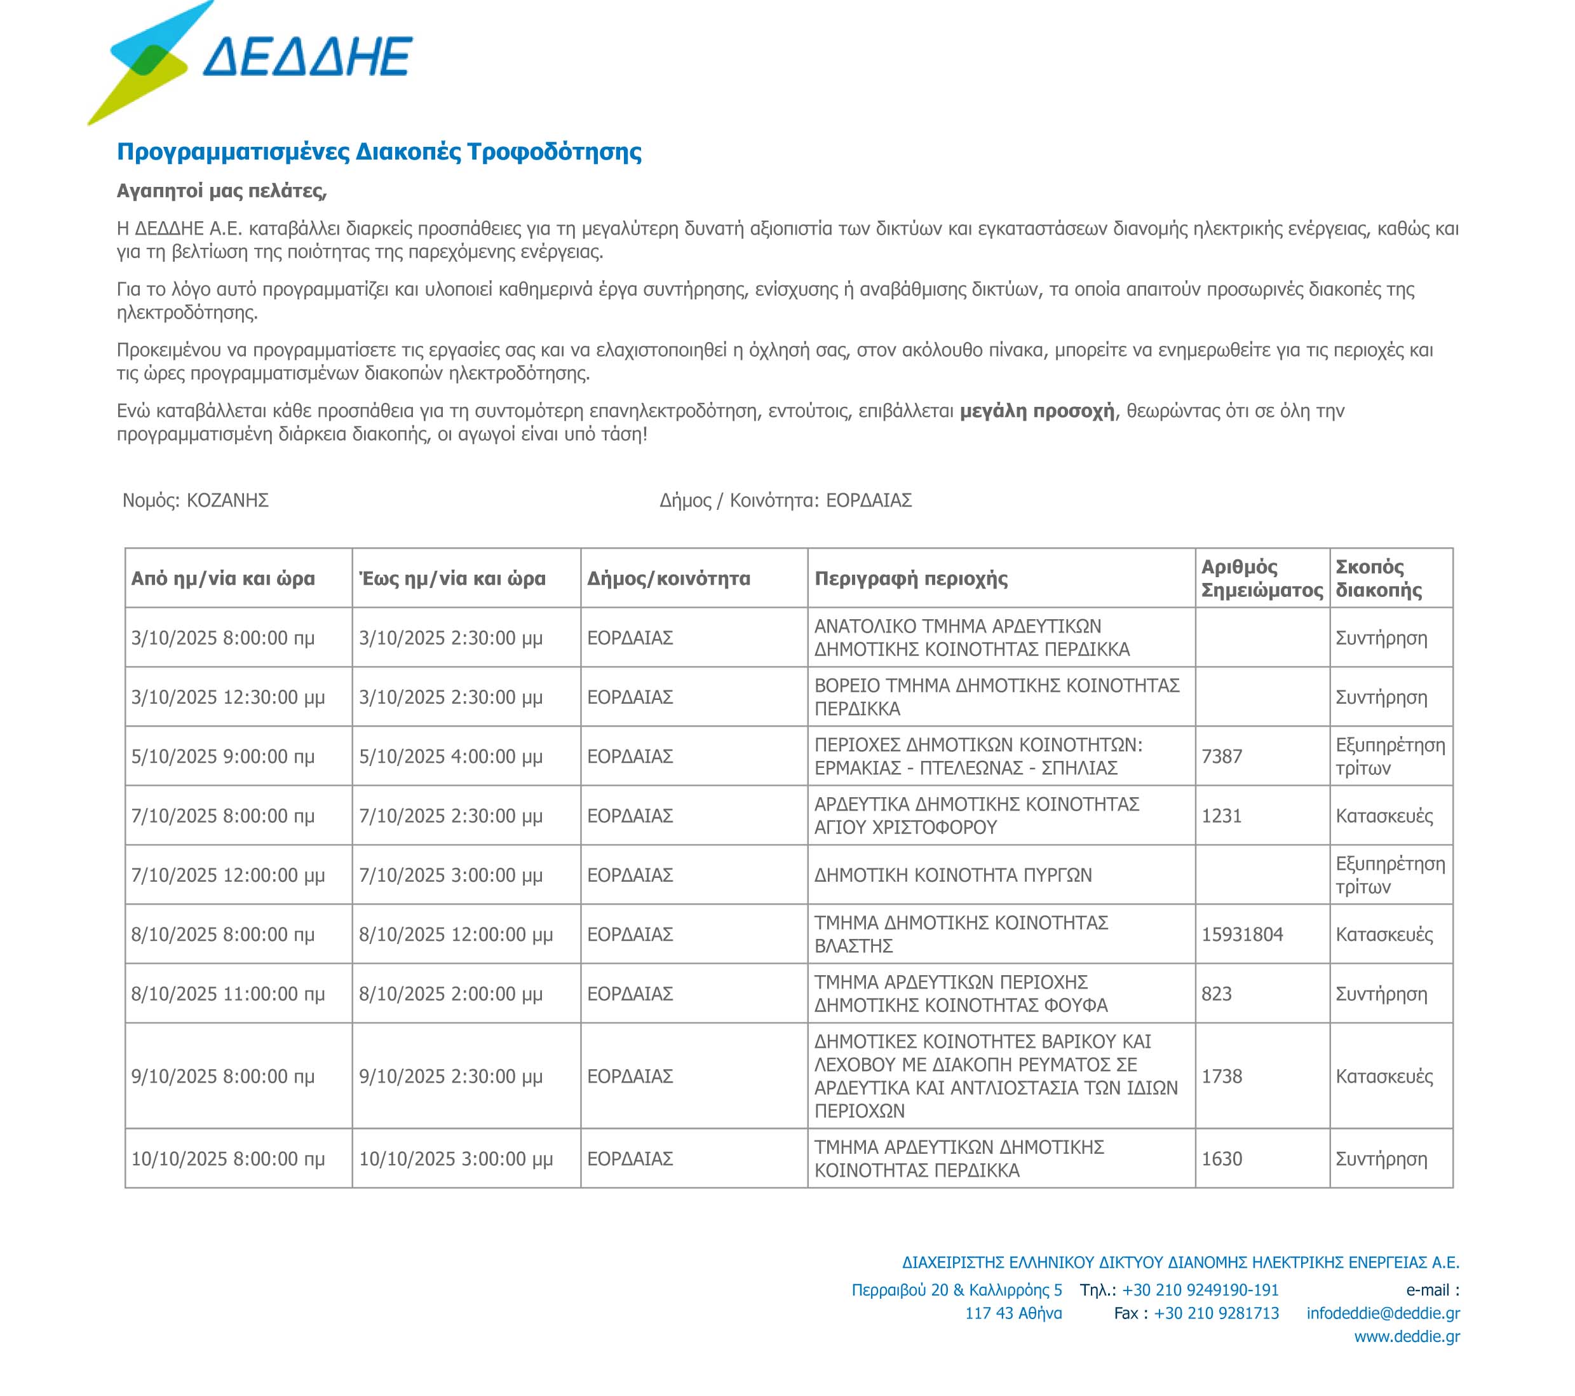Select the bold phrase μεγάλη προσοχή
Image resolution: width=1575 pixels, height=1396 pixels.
(1036, 411)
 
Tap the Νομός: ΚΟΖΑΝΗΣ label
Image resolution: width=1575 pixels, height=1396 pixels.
(196, 500)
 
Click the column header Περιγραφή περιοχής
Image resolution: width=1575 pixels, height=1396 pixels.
(911, 578)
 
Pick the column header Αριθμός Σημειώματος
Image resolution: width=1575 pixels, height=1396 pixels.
(1261, 578)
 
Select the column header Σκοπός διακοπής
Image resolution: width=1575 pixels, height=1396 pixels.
(1379, 578)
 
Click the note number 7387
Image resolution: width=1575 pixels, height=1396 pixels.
(1221, 756)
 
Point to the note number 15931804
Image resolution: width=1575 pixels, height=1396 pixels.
(1242, 934)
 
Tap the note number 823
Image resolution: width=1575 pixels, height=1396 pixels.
(1216, 994)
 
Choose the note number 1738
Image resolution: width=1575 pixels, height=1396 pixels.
(1221, 1076)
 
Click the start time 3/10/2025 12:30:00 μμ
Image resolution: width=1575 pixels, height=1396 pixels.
(227, 697)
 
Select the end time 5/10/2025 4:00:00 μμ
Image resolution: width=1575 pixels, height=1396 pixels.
(450, 756)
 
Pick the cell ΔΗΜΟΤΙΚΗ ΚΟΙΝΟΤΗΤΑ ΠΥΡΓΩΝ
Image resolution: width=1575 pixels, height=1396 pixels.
(953, 875)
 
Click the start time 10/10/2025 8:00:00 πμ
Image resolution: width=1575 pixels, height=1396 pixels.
(227, 1159)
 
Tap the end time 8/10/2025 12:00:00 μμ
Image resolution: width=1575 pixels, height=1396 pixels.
(456, 934)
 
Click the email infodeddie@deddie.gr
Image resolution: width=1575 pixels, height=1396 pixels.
(1382, 1313)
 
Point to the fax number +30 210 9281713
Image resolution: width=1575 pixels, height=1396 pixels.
(1216, 1313)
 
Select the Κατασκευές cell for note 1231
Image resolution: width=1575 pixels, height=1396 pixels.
(1384, 816)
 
